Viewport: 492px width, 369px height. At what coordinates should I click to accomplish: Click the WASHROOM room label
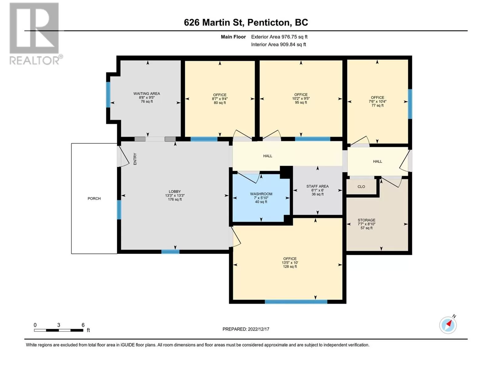point(261,194)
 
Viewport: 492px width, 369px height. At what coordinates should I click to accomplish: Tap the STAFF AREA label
point(317,186)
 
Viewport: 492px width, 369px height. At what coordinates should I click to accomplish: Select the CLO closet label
point(361,187)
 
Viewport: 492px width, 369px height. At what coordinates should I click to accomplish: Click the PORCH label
point(94,199)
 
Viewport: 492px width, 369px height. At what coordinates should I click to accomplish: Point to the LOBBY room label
point(175,192)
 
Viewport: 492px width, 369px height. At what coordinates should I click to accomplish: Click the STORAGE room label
point(367,220)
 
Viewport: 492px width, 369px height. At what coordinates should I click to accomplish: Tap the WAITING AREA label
point(147,93)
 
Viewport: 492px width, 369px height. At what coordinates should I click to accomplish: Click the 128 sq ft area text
point(290,267)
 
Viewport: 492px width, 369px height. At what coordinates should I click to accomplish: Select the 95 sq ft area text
point(301,102)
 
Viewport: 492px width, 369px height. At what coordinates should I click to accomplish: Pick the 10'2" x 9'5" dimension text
point(301,99)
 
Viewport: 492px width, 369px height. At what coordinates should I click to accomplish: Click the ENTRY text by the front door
point(135,159)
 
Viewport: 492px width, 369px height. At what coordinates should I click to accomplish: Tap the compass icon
point(448,325)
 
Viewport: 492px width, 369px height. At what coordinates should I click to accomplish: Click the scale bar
point(59,330)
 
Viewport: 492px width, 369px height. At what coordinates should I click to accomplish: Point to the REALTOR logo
point(35,34)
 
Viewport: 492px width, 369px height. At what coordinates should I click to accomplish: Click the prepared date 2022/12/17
point(258,329)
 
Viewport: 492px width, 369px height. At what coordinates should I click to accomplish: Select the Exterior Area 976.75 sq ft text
point(279,37)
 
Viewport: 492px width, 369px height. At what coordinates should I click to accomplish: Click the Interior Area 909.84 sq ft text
point(278,44)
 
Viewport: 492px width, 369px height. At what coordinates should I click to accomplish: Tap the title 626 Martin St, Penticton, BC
point(246,22)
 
